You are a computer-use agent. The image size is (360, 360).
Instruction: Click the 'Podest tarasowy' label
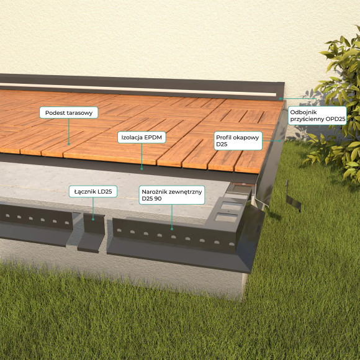69,112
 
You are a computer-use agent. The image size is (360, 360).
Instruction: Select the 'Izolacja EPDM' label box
142,137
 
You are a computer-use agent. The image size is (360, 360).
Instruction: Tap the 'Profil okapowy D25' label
238,141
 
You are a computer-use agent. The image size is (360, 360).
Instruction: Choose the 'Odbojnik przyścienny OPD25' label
317,115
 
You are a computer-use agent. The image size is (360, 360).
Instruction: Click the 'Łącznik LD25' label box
93,191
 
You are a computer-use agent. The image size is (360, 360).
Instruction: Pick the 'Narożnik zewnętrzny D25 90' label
172,195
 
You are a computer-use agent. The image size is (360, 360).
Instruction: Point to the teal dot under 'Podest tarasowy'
69,144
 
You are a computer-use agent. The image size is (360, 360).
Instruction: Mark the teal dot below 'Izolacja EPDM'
142,169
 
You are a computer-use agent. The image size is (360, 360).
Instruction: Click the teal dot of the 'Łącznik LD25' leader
93,220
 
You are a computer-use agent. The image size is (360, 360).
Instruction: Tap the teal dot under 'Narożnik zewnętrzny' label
172,229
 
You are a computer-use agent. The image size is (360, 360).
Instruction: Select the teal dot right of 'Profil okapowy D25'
280,141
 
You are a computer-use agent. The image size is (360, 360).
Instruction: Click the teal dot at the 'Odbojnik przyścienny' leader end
280,99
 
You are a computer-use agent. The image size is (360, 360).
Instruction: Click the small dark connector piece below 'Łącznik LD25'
91,232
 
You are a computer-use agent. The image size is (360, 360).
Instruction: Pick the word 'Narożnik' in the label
153,191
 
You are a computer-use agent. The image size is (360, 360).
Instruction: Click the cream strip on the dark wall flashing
138,89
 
